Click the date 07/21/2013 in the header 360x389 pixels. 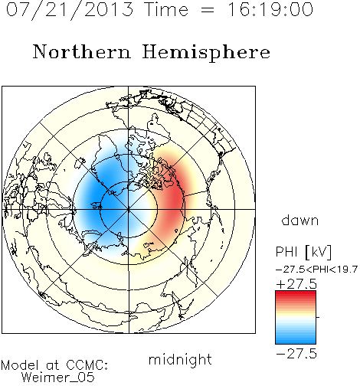pos(70,10)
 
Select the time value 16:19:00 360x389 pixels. pos(270,10)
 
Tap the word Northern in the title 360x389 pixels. pos(82,52)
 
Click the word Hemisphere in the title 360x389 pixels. pos(206,53)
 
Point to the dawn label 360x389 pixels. pos(300,220)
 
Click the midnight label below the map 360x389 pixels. pos(180,360)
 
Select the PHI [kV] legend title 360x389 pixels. pos(303,252)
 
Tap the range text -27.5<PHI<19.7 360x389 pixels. pos(316,270)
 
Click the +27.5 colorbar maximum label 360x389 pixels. pos(296,284)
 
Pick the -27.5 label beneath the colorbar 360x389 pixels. pos(296,354)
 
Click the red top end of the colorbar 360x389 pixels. pos(296,293)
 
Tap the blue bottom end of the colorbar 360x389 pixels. pos(296,342)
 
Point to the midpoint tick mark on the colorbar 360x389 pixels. pos(318,317)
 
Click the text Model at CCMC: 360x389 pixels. pos(54,365)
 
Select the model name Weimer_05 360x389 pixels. pos(58,377)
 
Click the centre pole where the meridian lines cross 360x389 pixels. pos(129,210)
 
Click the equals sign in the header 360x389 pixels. pos(208,10)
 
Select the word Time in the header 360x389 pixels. pos(166,10)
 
